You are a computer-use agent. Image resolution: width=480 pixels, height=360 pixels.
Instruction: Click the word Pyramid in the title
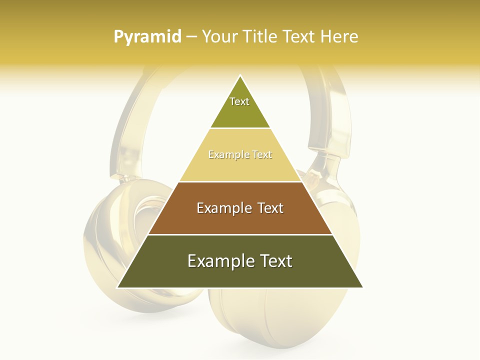point(147,36)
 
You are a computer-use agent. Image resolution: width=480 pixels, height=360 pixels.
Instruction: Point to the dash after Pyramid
point(191,37)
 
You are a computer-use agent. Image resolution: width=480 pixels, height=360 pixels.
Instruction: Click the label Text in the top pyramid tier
point(239,101)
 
